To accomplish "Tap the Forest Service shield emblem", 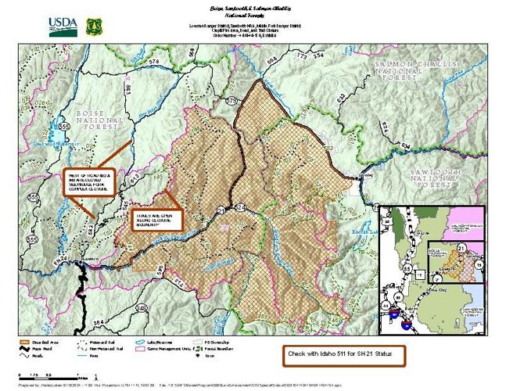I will (x=92, y=26).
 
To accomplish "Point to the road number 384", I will (x=98, y=322).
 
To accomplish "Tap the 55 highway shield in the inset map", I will (x=406, y=268).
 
